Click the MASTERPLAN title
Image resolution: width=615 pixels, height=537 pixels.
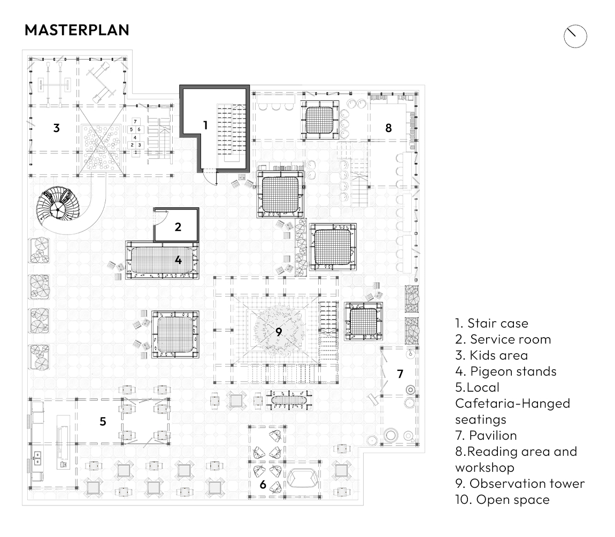(x=77, y=30)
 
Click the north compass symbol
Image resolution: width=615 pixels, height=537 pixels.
(x=575, y=36)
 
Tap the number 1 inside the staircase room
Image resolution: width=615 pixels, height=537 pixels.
(x=205, y=125)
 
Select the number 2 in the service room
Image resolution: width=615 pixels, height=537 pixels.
(x=178, y=227)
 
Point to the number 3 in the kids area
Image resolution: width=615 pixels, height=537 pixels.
(x=56, y=128)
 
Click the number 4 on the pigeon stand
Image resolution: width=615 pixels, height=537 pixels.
(x=178, y=261)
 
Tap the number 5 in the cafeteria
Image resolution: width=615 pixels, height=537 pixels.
(x=103, y=421)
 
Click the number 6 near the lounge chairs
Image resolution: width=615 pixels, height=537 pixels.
(x=263, y=485)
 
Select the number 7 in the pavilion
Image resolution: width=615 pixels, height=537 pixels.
(x=400, y=373)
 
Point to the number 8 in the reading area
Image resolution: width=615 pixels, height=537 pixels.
(x=388, y=128)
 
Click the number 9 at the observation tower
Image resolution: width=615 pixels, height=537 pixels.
(x=279, y=331)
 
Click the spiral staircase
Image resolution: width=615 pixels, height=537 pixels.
(x=57, y=206)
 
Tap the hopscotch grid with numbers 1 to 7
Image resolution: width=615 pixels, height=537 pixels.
(x=135, y=137)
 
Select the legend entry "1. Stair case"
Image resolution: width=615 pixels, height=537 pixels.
(x=491, y=323)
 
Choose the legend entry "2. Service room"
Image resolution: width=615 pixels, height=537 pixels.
(x=503, y=339)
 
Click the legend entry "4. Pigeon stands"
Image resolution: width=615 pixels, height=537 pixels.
(x=505, y=371)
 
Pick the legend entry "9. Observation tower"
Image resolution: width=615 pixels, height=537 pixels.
(x=520, y=484)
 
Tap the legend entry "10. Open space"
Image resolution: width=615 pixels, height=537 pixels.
(x=502, y=500)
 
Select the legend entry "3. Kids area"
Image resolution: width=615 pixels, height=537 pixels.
(x=491, y=355)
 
